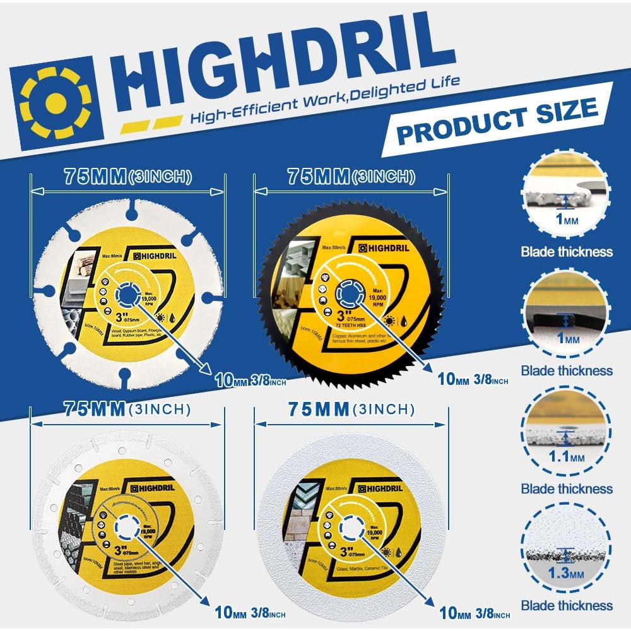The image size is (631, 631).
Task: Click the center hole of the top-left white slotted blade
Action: point(128,294)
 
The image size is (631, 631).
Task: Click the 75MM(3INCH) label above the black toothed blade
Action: point(351,177)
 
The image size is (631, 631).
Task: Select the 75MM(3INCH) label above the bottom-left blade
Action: point(127,410)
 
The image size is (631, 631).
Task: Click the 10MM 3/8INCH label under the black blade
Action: point(473,380)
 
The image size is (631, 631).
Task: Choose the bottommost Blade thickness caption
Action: point(567,606)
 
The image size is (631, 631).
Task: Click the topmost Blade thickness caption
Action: point(567,252)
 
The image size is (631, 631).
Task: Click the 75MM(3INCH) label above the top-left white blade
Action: point(127,177)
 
